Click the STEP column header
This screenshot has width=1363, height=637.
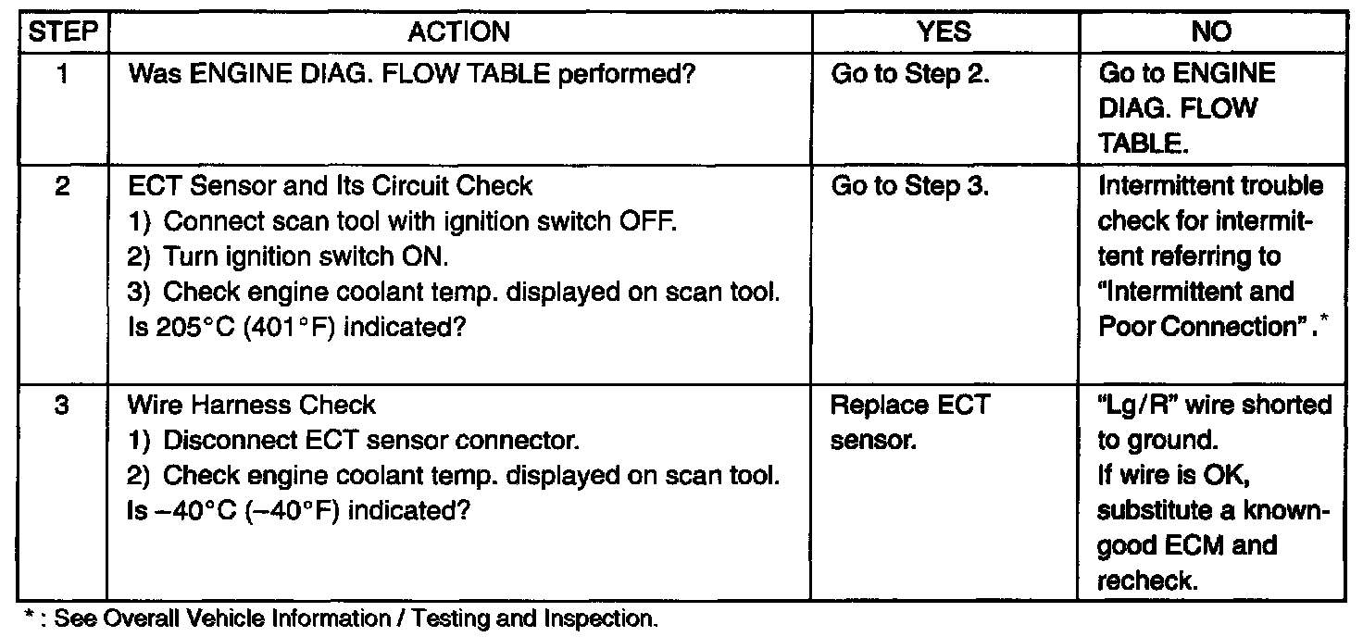pyautogui.click(x=63, y=32)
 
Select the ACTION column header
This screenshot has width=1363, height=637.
pyautogui.click(x=459, y=32)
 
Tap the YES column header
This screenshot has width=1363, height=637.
pyautogui.click(x=944, y=32)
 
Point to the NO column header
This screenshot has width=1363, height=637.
pyautogui.click(x=1211, y=32)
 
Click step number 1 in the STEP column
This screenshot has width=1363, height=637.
pyautogui.click(x=63, y=74)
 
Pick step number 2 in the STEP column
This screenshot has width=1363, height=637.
pyautogui.click(x=63, y=186)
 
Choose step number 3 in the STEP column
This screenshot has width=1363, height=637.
pyautogui.click(x=63, y=406)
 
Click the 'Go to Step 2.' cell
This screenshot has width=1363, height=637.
pyautogui.click(x=910, y=74)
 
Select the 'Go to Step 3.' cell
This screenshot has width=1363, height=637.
pyautogui.click(x=910, y=186)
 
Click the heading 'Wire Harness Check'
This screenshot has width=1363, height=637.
pyautogui.click(x=252, y=406)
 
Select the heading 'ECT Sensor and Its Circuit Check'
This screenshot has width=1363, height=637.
pyautogui.click(x=331, y=186)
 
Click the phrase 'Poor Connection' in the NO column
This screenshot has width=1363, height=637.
pyautogui.click(x=1195, y=327)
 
